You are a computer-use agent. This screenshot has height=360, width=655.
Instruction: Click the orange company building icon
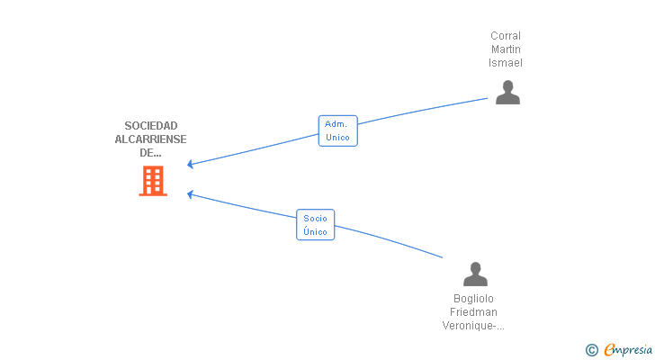tap(153, 181)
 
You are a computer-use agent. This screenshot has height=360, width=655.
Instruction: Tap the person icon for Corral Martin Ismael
tap(507, 93)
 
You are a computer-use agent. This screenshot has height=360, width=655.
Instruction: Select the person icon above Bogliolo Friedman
tap(475, 274)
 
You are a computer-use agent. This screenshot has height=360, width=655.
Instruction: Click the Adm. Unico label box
tap(338, 130)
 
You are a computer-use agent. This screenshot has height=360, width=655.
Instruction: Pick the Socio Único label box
tap(316, 225)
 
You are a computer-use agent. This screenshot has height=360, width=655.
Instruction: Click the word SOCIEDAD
tap(151, 126)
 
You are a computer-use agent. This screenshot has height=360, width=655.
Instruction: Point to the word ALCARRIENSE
tap(151, 139)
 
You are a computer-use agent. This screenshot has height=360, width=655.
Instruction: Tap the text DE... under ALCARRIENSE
tap(150, 153)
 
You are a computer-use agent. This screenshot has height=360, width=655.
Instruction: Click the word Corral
tap(506, 36)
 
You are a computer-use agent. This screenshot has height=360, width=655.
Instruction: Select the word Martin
tap(506, 49)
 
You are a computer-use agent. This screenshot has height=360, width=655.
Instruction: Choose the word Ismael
tap(506, 63)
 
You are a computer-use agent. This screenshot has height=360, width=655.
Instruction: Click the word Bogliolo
tap(473, 299)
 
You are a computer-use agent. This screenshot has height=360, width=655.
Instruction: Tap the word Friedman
tap(473, 312)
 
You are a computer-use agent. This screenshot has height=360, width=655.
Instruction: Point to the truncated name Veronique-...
tap(473, 325)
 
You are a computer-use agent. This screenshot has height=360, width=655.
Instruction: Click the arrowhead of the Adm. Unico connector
tap(190, 164)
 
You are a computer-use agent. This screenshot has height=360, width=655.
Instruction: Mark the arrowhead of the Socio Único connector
tap(190, 194)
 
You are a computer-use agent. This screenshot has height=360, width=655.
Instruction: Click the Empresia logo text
tap(628, 350)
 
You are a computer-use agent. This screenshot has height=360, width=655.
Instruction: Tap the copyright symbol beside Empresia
tap(591, 350)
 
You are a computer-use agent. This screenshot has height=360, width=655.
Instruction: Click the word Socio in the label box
tap(316, 219)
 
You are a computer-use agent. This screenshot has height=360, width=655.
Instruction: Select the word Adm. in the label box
tap(336, 124)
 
